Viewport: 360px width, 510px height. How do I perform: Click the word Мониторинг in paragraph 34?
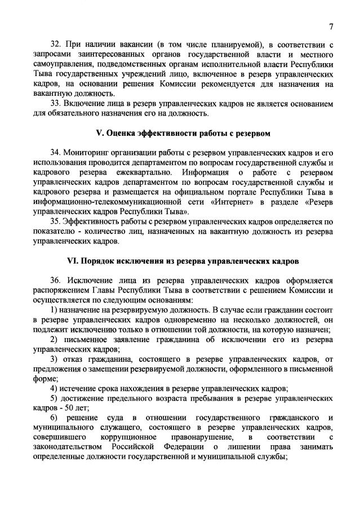click(x=92, y=153)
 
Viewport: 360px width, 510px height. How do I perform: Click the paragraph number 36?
click(x=56, y=280)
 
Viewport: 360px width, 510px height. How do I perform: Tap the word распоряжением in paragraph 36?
click(x=61, y=290)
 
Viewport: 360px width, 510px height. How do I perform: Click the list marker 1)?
click(x=55, y=309)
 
